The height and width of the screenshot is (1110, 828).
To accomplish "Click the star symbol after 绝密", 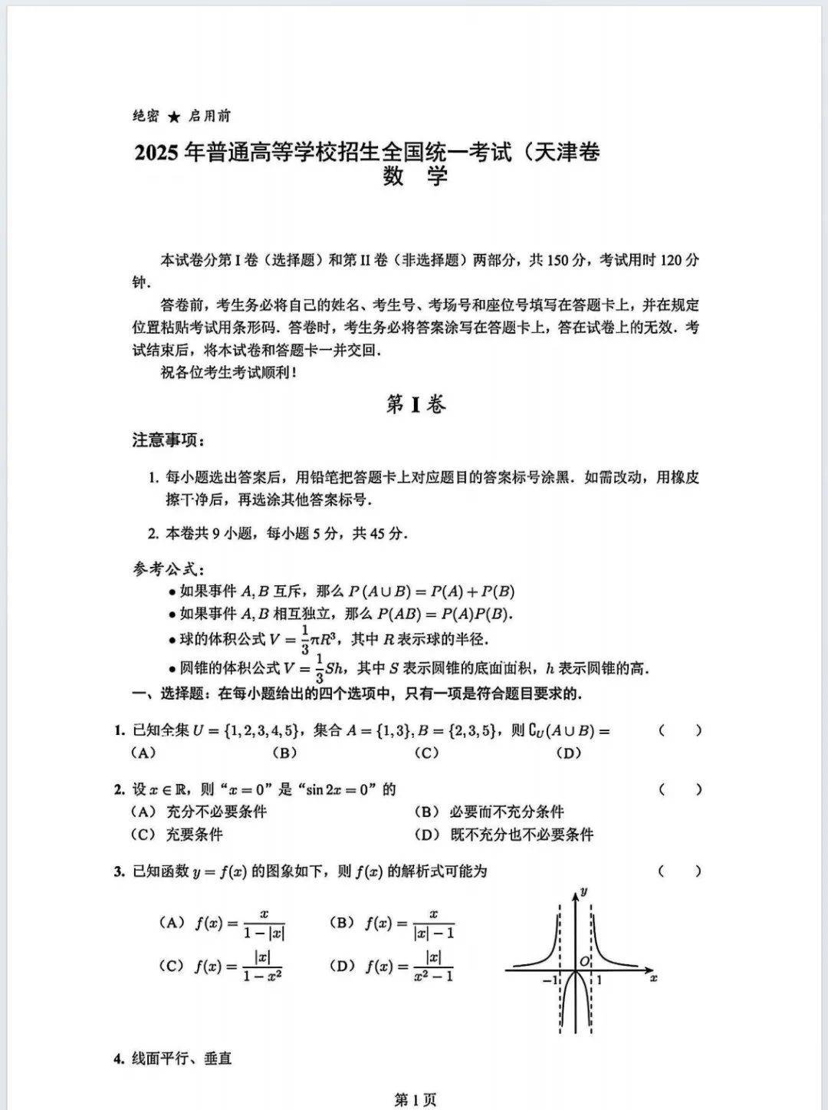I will tap(175, 117).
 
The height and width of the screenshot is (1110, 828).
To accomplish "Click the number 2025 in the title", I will tap(157, 153).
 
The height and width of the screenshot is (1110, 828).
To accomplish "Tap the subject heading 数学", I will tap(415, 177).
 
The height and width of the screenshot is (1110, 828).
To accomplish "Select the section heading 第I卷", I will tap(415, 404).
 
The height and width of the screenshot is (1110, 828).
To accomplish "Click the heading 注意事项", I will tap(168, 440).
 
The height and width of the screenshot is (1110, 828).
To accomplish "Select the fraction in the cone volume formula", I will tap(319, 668).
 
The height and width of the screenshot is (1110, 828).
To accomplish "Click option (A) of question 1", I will tap(143, 753).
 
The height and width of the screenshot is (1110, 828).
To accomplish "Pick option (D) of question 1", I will tap(568, 753).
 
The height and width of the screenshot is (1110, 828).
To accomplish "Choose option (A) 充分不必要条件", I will tap(199, 812).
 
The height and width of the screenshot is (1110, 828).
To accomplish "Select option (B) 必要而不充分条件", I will tap(489, 812).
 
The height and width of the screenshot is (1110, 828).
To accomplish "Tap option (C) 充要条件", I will tap(177, 835).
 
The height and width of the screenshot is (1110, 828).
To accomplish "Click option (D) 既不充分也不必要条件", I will tap(504, 835).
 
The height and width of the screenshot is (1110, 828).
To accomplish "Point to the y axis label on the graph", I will tap(584, 891).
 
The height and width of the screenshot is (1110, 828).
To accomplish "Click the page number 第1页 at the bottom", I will tap(415, 1100).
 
